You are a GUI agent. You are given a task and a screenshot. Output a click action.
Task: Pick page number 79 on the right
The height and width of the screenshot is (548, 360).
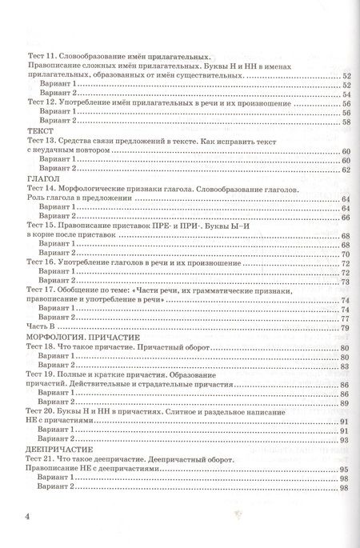(x=346, y=328)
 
